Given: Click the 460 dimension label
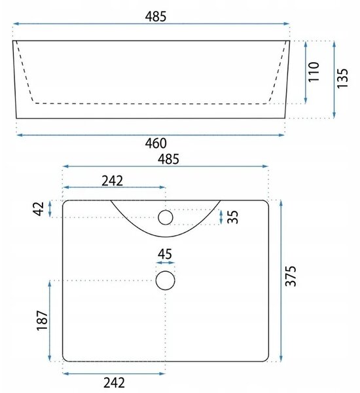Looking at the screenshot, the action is [x=156, y=143].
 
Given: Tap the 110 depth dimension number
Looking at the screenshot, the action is [x=314, y=71].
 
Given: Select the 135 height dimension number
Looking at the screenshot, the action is [x=342, y=78].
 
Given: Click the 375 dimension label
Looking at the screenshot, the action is [x=291, y=276].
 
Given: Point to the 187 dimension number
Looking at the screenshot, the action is [x=42, y=320].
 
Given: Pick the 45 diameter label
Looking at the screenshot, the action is [x=165, y=254].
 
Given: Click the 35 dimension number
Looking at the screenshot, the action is [x=233, y=217].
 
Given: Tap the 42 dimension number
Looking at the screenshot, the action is [x=39, y=208].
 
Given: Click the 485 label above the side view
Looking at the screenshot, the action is [x=156, y=17].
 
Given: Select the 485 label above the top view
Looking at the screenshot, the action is [x=168, y=159].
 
